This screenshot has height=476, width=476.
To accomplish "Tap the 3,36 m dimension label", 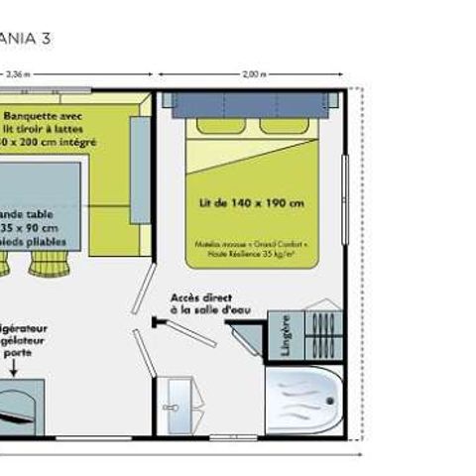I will point(17,73).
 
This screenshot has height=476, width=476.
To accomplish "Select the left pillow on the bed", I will point(217,126).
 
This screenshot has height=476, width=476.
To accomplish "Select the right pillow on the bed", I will point(280,126).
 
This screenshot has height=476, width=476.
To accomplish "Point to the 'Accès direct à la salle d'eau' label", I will point(209,303).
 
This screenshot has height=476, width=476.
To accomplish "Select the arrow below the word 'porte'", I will point(16,367).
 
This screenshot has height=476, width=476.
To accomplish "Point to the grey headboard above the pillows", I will point(248,101).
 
